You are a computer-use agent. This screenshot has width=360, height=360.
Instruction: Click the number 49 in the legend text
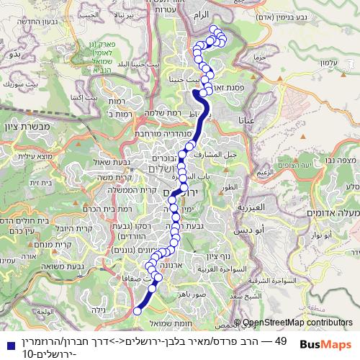coord(282,341)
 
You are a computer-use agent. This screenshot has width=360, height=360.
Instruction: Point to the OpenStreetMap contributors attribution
coord(298,324)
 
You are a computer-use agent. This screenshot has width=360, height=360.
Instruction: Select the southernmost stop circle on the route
coord(138,310)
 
